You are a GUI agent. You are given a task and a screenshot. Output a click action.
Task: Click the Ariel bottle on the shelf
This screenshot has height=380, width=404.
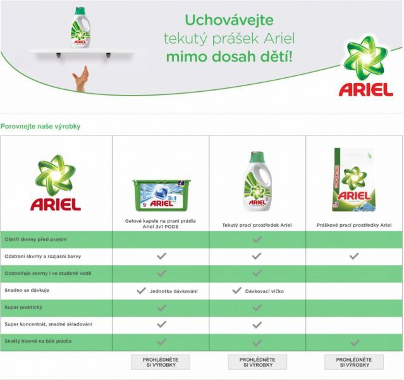point(81,28)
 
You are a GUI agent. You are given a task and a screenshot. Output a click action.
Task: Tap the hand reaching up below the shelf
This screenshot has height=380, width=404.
point(81,79)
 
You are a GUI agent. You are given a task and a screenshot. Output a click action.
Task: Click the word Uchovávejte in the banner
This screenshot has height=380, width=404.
point(230,20)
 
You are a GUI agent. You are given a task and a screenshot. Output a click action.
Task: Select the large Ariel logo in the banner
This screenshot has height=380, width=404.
point(366,66)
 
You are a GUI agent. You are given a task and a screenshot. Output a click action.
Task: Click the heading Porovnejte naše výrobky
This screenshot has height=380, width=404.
point(40,126)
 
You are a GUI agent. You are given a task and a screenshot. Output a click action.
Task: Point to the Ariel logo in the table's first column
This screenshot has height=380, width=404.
point(56,182)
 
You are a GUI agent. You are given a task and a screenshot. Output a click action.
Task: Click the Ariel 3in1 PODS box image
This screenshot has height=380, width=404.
point(162,195)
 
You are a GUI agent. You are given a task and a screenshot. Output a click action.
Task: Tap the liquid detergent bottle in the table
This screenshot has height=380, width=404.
point(258,181)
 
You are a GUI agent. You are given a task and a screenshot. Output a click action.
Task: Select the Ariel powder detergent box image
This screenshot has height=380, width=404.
point(353,180)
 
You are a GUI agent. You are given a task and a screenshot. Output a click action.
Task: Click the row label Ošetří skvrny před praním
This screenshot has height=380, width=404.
point(35,239)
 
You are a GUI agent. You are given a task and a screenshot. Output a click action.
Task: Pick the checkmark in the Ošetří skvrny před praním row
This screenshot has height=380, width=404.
point(257,239)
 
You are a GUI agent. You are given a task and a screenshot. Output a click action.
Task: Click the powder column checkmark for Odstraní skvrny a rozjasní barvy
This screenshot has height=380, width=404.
point(354,256)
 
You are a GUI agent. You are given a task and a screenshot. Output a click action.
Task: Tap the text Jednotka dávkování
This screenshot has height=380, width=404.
point(174,291)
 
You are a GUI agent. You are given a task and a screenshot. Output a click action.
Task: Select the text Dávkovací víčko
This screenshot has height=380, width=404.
point(264,291)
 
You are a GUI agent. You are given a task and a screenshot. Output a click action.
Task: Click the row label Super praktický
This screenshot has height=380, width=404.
point(23,307)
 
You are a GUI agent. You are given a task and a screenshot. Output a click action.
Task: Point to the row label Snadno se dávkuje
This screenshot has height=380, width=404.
point(27,290)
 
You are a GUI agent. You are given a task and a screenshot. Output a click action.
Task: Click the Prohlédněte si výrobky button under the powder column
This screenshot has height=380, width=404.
point(354,362)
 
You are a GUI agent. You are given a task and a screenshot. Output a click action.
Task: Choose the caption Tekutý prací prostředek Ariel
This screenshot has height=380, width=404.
point(257,225)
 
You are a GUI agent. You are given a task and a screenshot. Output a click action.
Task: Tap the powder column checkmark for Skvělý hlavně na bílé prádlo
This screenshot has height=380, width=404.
point(355,343)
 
